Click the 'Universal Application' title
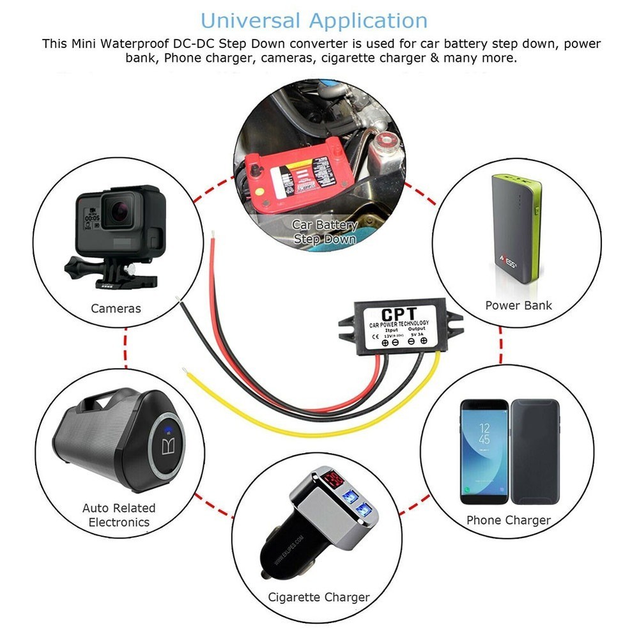click(x=314, y=20)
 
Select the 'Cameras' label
click(x=116, y=308)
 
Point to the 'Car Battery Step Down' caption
click(x=324, y=232)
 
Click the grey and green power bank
click(x=516, y=227)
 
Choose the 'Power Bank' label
click(x=518, y=305)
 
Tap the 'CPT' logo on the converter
click(x=399, y=314)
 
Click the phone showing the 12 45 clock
click(x=484, y=451)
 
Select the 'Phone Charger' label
click(x=508, y=520)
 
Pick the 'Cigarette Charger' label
click(x=319, y=597)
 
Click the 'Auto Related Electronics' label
click(x=119, y=515)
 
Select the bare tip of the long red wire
click(x=213, y=233)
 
